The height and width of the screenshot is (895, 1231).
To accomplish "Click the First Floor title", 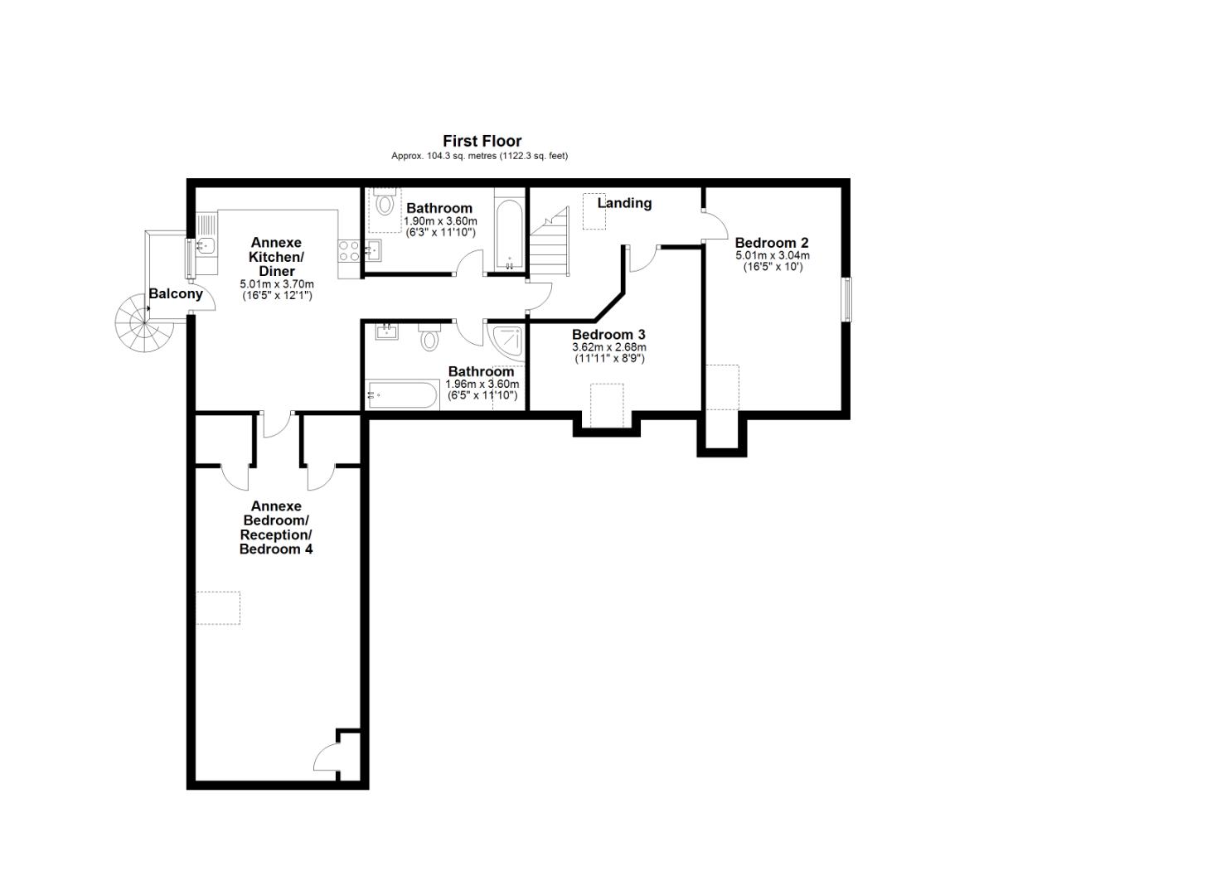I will tap(482, 141).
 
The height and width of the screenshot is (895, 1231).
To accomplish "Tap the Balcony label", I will tap(175, 293).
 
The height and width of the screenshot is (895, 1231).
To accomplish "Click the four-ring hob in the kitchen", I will tap(349, 250).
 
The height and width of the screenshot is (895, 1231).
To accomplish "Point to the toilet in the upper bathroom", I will tap(385, 203).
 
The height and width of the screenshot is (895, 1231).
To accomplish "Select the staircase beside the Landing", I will tap(550, 244).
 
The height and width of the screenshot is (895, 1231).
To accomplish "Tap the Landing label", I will tap(624, 203).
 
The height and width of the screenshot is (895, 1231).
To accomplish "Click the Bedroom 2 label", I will tap(771, 243).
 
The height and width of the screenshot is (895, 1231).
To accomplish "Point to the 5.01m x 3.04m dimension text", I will tap(772, 256).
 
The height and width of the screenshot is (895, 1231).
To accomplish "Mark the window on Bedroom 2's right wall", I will tap(846, 298).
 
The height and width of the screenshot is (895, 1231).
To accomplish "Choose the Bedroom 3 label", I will tap(608, 335).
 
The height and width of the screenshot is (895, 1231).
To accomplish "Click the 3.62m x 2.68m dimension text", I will tap(608, 347).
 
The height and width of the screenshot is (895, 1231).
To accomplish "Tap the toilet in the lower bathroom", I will tap(429, 337).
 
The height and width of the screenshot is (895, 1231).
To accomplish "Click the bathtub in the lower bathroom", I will tap(402, 394).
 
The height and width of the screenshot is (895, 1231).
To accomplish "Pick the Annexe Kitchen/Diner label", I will tap(276, 257).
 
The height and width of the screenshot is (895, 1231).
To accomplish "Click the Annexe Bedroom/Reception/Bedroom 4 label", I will tap(276, 528).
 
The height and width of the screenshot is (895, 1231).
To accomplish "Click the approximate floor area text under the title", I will tap(479, 156).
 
